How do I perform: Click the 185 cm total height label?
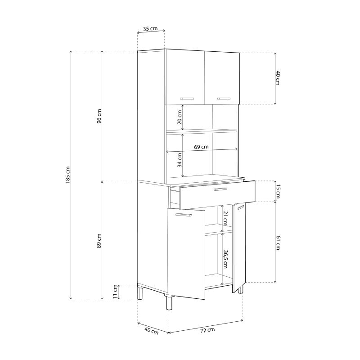pyautogui.click(x=68, y=175)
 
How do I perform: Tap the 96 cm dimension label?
pyautogui.click(x=99, y=116)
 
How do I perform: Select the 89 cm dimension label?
pyautogui.click(x=99, y=241)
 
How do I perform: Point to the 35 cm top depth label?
pyautogui.click(x=150, y=29)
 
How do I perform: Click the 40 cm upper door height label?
pyautogui.click(x=278, y=78)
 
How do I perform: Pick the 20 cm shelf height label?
pyautogui.click(x=180, y=117)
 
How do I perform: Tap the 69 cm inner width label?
pyautogui.click(x=201, y=147)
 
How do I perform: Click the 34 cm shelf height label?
pyautogui.click(x=180, y=160)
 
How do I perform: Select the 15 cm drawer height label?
pyautogui.click(x=278, y=192)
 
